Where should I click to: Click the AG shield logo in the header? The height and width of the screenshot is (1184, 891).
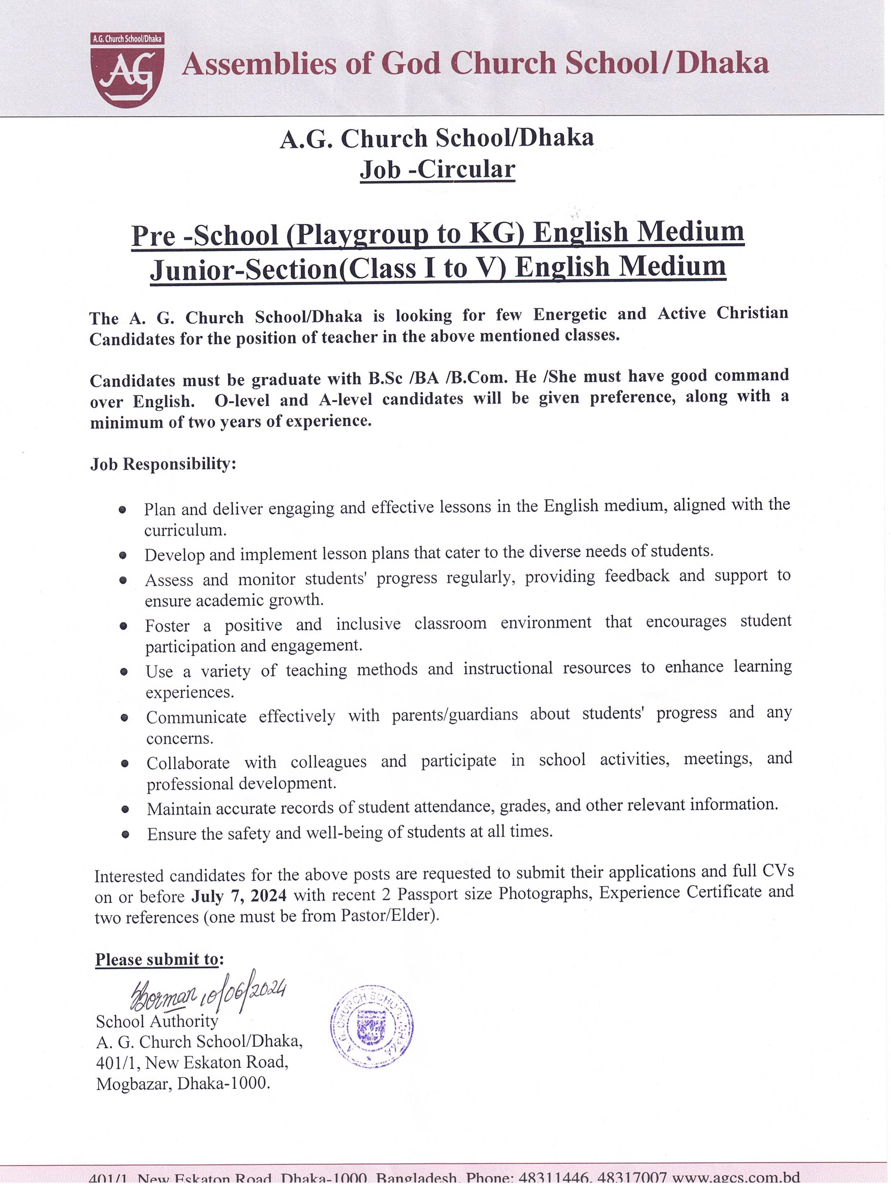127,71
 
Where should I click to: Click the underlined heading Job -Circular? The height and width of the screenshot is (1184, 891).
437,170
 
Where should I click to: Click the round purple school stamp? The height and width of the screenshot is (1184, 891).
371,1027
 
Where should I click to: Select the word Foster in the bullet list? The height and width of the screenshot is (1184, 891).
167,626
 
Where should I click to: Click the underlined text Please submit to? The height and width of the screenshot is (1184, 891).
157,959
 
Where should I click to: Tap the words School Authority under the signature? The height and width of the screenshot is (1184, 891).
157,1021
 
